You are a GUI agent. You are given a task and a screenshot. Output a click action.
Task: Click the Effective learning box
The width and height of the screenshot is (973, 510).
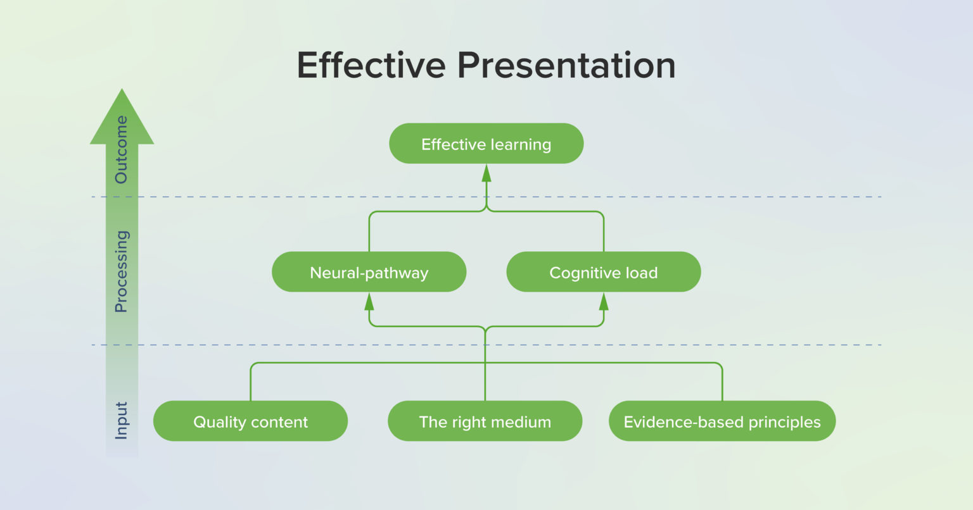tap(486, 144)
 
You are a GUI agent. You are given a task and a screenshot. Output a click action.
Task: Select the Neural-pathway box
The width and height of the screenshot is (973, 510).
tap(369, 272)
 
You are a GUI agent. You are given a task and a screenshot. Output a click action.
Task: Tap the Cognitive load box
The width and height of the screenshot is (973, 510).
tap(603, 272)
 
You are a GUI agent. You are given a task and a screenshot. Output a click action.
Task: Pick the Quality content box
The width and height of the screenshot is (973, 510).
tap(250, 421)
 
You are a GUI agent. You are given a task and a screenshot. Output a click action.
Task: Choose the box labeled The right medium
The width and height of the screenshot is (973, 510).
tap(485, 421)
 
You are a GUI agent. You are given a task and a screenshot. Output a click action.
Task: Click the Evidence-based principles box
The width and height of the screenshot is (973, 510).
tap(722, 421)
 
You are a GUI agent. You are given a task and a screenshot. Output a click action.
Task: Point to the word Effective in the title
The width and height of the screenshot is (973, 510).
tap(371, 65)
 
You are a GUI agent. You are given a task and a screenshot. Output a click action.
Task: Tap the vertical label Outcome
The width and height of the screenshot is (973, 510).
tap(121, 149)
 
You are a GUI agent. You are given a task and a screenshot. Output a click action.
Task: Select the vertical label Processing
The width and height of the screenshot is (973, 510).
tap(121, 271)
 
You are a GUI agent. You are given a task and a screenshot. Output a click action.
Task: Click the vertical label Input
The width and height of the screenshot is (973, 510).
tap(121, 420)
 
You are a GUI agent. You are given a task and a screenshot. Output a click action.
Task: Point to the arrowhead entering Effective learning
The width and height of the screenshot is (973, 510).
tap(486, 173)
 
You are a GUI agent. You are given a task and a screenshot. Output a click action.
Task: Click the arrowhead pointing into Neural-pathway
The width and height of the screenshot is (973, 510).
tap(369, 301)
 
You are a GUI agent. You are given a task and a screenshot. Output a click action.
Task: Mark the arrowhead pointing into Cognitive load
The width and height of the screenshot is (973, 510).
tap(603, 301)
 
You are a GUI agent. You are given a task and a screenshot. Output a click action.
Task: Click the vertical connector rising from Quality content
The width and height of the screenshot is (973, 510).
tap(251, 383)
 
